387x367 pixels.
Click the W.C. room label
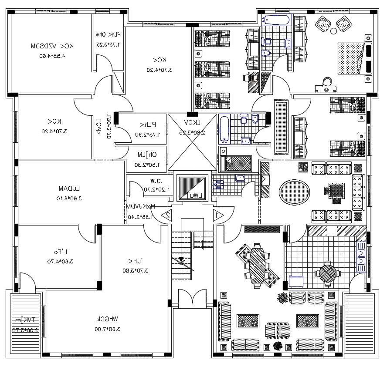156,181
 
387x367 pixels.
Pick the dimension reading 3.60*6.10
70,198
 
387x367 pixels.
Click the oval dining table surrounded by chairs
257,263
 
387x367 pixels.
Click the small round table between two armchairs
333,31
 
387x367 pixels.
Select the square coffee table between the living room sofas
334,191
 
